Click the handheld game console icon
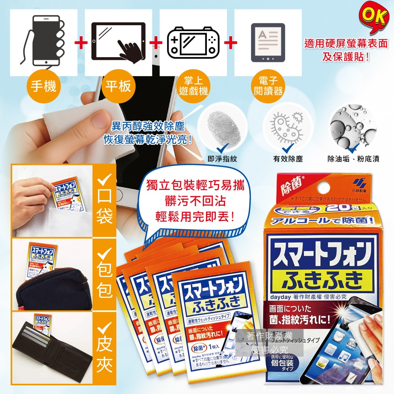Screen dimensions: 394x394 (193, 41)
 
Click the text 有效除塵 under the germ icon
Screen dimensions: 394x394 (288, 159)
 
